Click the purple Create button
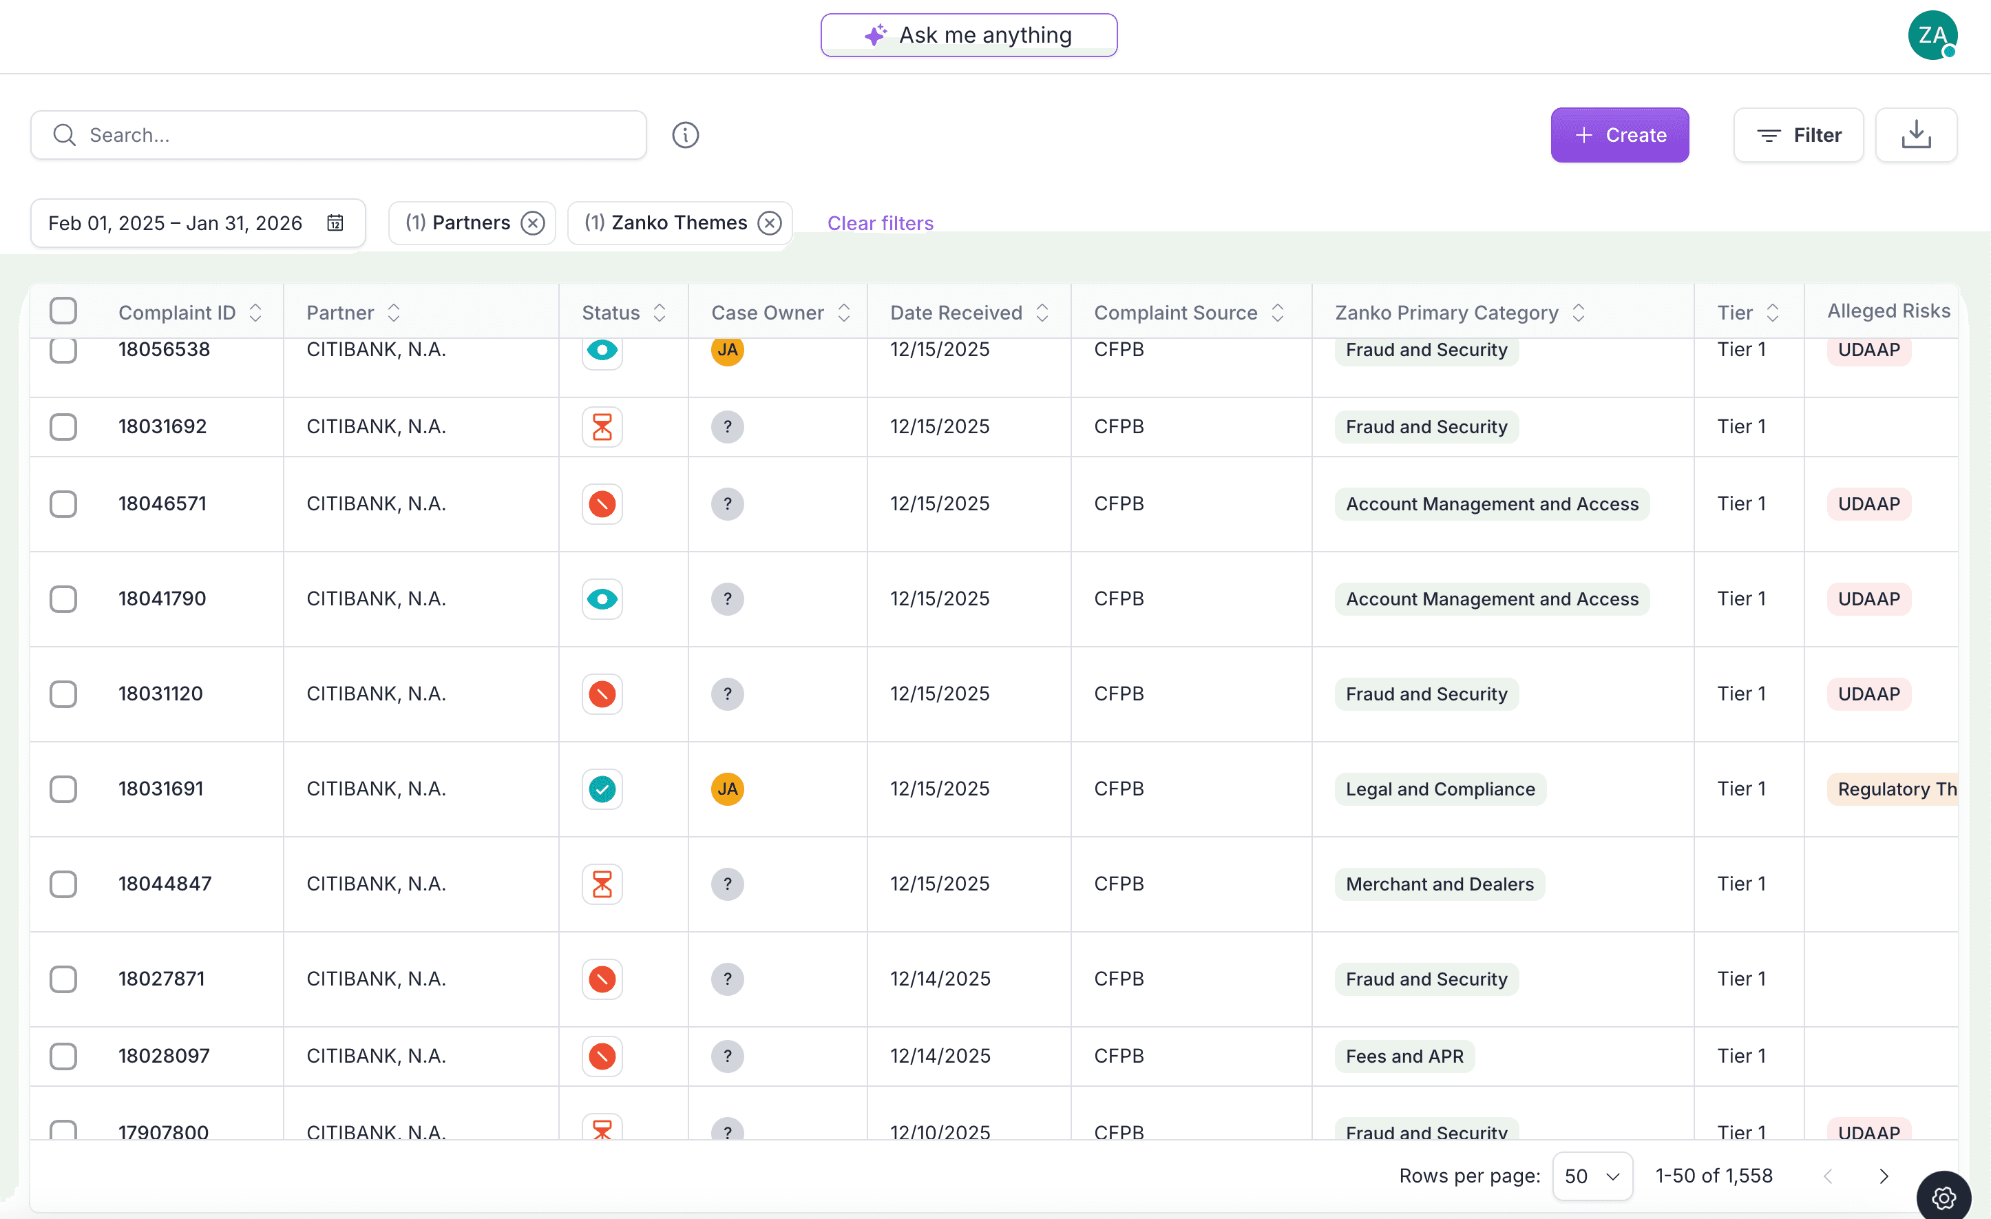click(1619, 135)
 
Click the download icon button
click(1915, 135)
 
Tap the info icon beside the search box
click(685, 135)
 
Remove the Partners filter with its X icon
click(532, 223)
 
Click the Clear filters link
click(880, 223)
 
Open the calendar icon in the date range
click(335, 223)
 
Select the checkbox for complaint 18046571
click(63, 503)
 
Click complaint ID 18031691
click(161, 788)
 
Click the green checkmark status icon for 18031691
click(602, 788)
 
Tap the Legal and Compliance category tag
click(1440, 789)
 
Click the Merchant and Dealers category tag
click(1439, 884)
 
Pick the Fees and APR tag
click(1404, 1056)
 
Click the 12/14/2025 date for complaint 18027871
click(940, 979)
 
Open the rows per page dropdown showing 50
click(1591, 1176)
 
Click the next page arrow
click(1884, 1176)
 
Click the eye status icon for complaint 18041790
click(602, 599)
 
